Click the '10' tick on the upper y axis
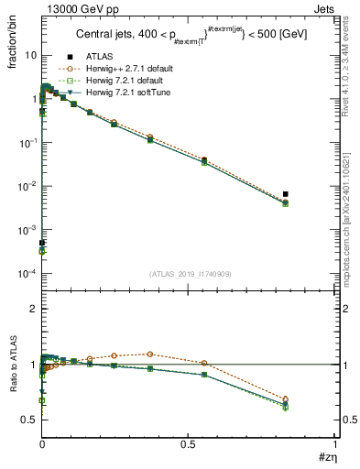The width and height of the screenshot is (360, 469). (x=29, y=55)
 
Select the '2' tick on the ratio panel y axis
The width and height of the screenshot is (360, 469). (x=33, y=310)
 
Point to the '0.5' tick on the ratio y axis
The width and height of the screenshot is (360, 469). (x=29, y=420)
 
